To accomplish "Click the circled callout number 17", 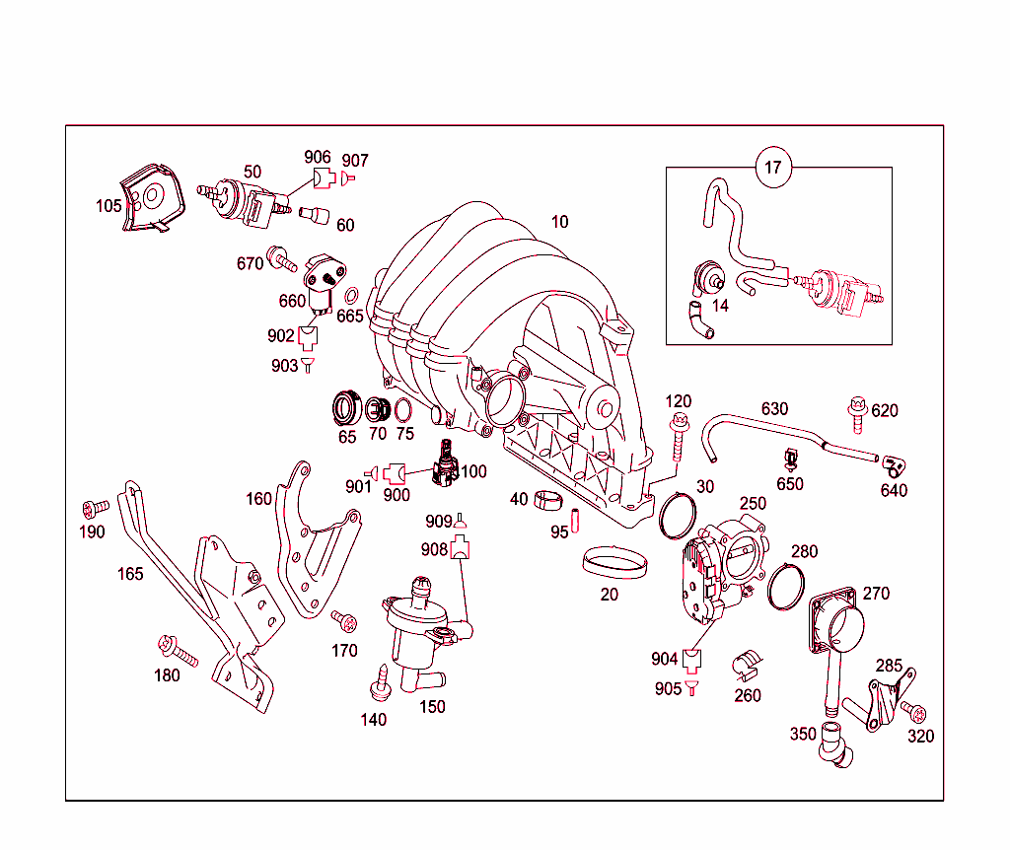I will coord(773,167).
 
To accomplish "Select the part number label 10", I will coord(559,222).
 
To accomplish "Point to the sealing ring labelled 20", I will coord(615,565).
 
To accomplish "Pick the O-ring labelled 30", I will coord(677,514).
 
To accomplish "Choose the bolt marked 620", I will coord(856,413).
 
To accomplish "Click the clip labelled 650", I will coord(790,460).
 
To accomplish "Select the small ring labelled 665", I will coord(352,295).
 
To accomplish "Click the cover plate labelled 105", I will coord(151,198).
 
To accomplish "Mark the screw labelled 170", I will coord(344,621).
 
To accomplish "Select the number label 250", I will coord(753,503).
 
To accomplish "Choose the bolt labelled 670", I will coord(283,261).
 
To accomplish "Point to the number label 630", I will coord(774,408).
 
